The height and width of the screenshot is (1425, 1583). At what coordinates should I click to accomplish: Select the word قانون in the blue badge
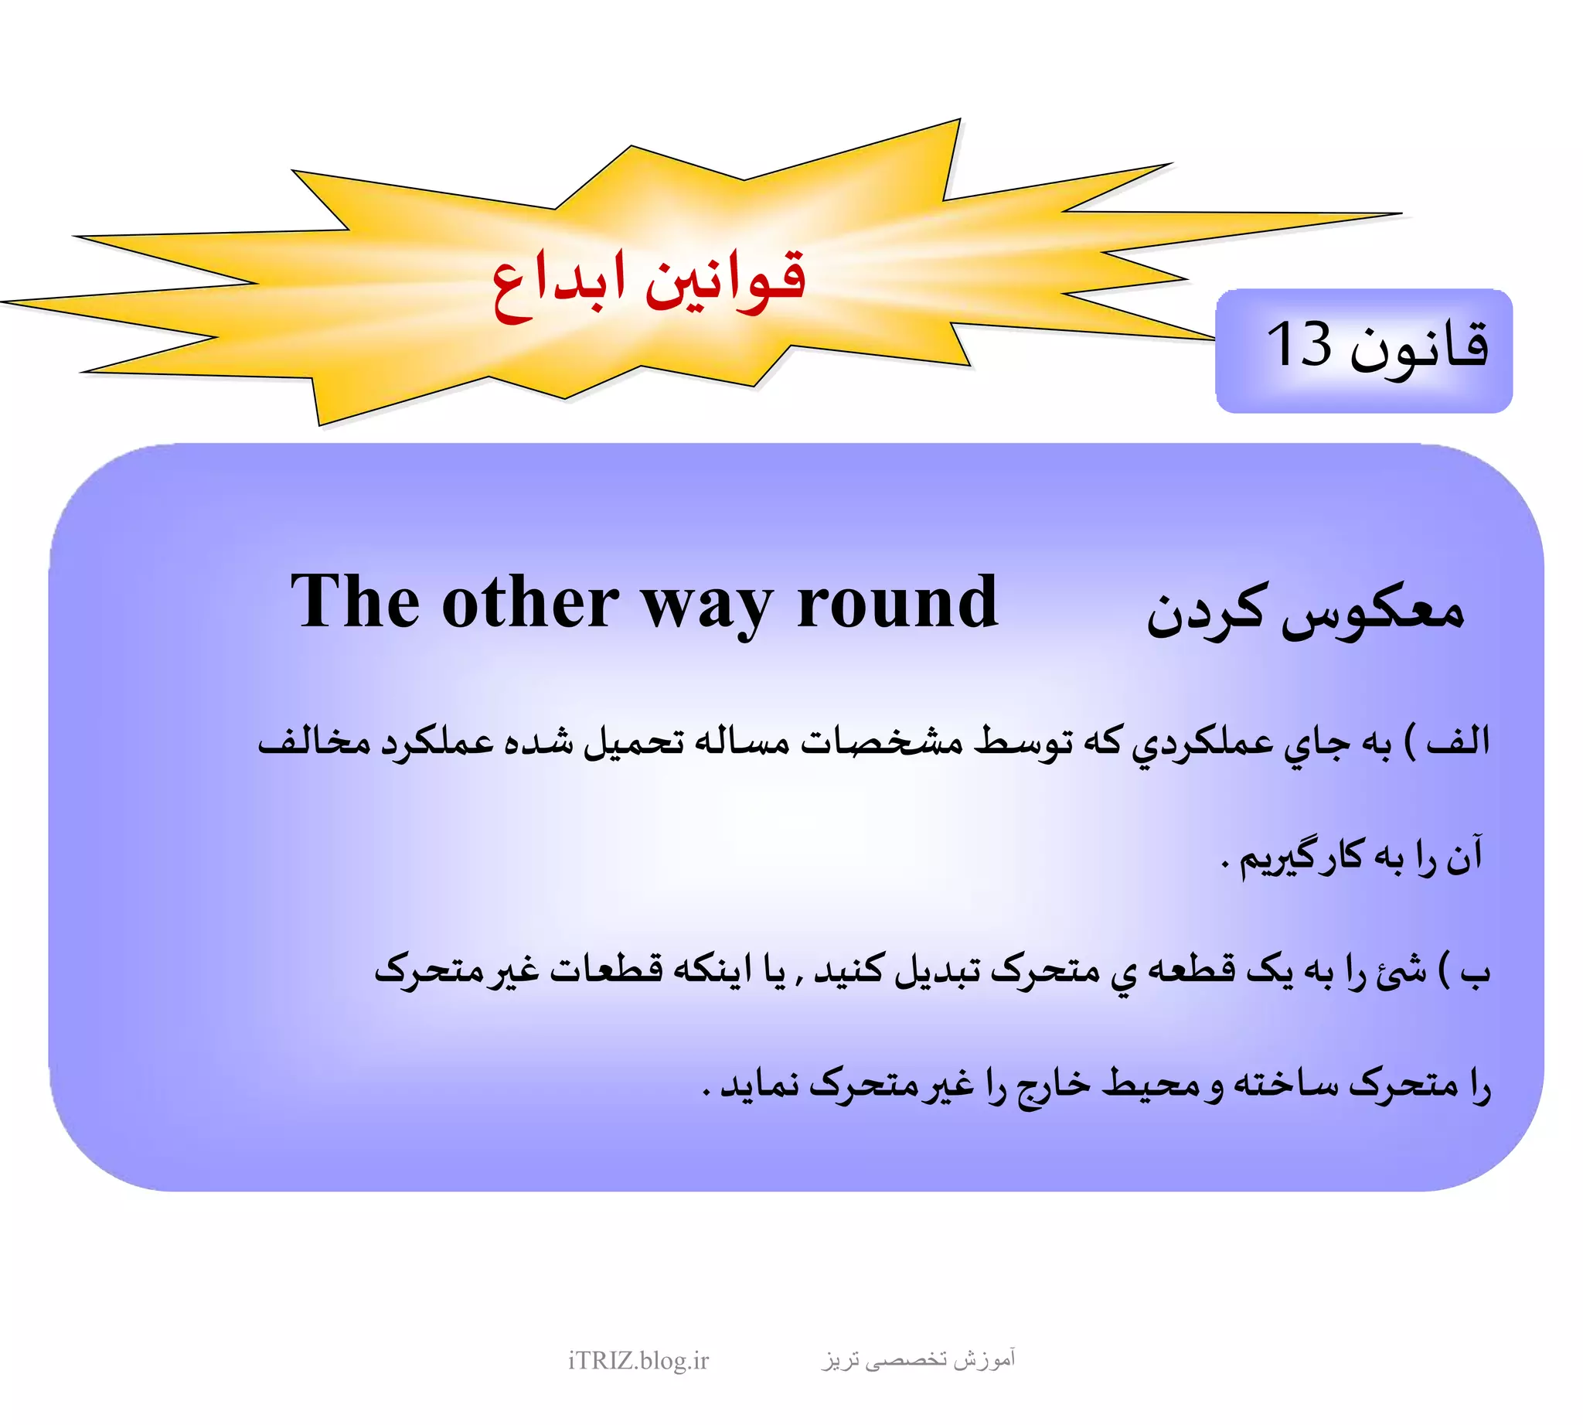[x=1418, y=347]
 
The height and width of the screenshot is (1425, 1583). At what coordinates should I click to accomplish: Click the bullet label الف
[x=1458, y=741]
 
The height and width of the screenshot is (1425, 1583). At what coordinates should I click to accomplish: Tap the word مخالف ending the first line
[x=314, y=741]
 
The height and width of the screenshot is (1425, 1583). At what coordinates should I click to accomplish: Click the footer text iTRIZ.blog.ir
[x=638, y=1360]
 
